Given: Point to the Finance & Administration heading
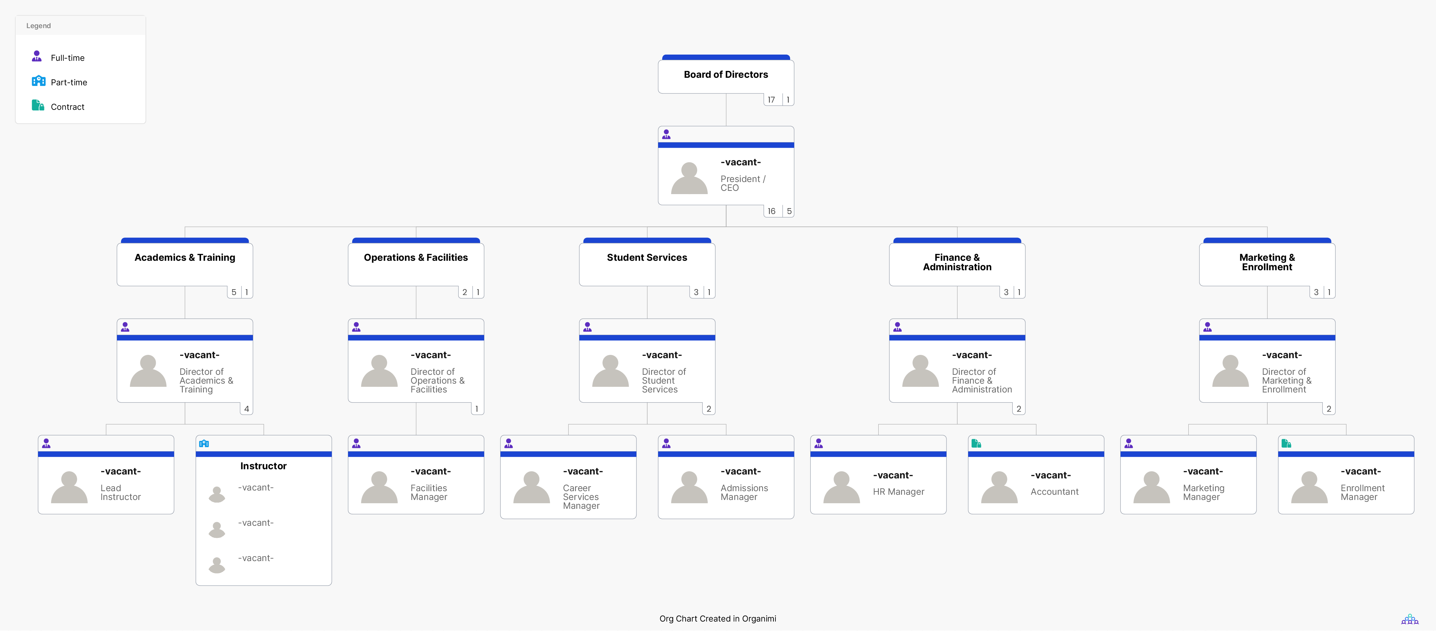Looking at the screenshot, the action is (x=957, y=262).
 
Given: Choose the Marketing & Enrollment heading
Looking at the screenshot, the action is (x=1267, y=262).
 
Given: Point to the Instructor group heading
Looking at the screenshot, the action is (x=263, y=466).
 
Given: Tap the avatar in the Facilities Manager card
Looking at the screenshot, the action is (x=379, y=487).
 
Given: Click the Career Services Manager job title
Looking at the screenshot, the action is (x=581, y=497).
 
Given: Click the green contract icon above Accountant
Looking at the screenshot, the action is (x=976, y=443).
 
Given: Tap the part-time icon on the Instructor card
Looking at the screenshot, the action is (x=204, y=443).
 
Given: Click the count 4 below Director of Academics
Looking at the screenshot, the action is (x=246, y=409).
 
